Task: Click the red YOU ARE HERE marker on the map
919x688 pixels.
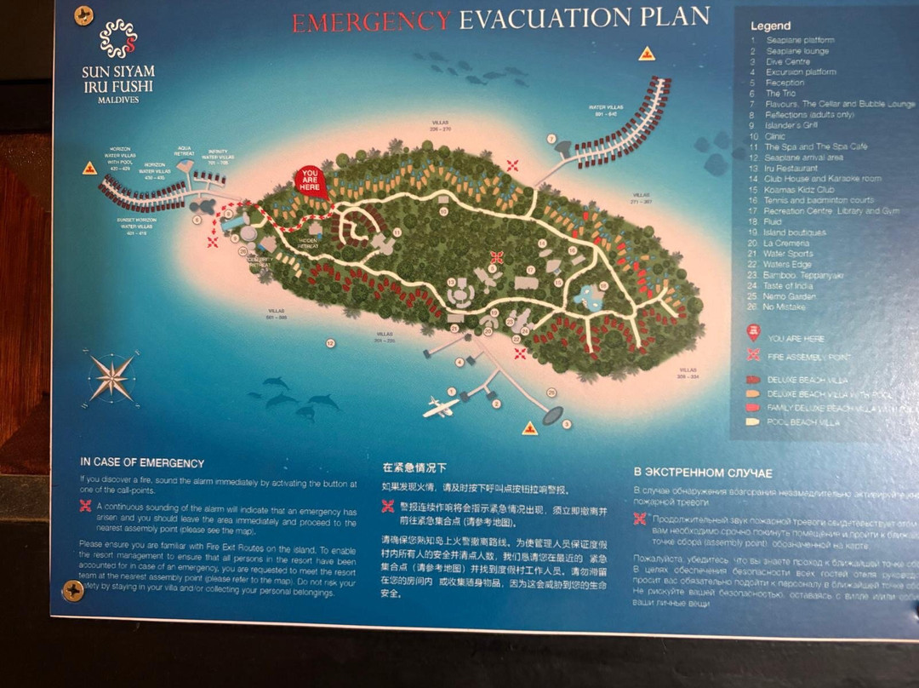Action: pyautogui.click(x=312, y=181)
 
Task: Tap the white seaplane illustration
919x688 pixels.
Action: pyautogui.click(x=441, y=406)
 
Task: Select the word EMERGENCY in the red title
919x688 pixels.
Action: pyautogui.click(x=371, y=20)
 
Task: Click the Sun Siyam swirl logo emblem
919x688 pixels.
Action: pyautogui.click(x=118, y=38)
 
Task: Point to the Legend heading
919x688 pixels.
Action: pyautogui.click(x=770, y=26)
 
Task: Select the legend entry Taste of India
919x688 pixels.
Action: pyautogui.click(x=789, y=286)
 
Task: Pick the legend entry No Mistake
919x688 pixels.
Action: pyautogui.click(x=785, y=307)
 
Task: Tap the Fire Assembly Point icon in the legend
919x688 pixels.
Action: pyautogui.click(x=752, y=356)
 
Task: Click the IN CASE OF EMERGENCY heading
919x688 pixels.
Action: pyautogui.click(x=142, y=463)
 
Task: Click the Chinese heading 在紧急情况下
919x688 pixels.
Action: pyautogui.click(x=414, y=468)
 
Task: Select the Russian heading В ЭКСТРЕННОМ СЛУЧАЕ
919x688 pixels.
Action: pyautogui.click(x=703, y=473)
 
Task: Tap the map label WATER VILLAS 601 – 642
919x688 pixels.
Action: pyautogui.click(x=606, y=110)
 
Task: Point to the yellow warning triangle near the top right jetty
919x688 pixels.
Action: pyautogui.click(x=646, y=54)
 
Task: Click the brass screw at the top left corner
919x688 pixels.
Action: pyautogui.click(x=83, y=15)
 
